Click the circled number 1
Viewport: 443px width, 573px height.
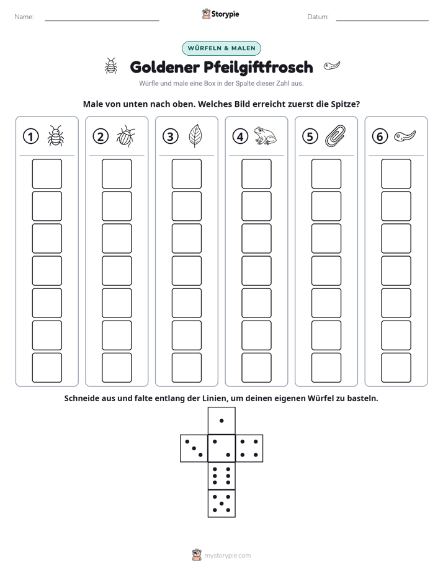tap(30, 136)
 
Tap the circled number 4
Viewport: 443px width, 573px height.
tap(240, 136)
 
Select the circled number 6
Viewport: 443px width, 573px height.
tap(380, 136)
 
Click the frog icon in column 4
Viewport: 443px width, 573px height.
tap(265, 136)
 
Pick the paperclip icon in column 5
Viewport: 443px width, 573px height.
tap(335, 136)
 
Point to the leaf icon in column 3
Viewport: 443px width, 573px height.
tap(195, 136)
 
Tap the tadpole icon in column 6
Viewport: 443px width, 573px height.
tap(405, 136)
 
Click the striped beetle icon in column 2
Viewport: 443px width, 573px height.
tap(126, 136)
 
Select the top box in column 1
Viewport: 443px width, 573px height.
tap(47, 174)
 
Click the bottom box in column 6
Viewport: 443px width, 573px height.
tap(396, 368)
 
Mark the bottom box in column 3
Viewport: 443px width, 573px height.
tap(186, 368)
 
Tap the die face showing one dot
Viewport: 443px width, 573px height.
tap(221, 420)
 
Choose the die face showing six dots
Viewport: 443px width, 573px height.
tap(221, 476)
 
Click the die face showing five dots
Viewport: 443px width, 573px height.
tap(221, 503)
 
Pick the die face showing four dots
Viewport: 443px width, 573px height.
tap(249, 448)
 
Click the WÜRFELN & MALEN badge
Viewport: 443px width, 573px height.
tap(221, 48)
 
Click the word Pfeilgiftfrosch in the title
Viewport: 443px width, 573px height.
tap(258, 67)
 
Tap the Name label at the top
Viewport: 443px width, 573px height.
tap(24, 17)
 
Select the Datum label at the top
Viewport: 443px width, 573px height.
tap(318, 17)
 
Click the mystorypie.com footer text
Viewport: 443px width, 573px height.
tap(227, 556)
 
